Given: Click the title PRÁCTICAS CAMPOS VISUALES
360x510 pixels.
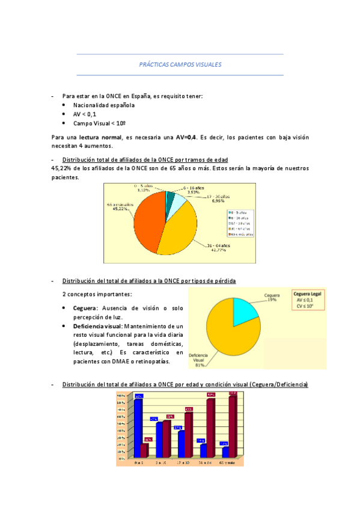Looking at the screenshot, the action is pyautogui.click(x=180, y=64).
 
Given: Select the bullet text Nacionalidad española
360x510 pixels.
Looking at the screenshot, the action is pyautogui.click(x=104, y=105).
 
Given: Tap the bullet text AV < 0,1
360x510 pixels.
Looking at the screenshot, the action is pyautogui.click(x=85, y=114).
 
